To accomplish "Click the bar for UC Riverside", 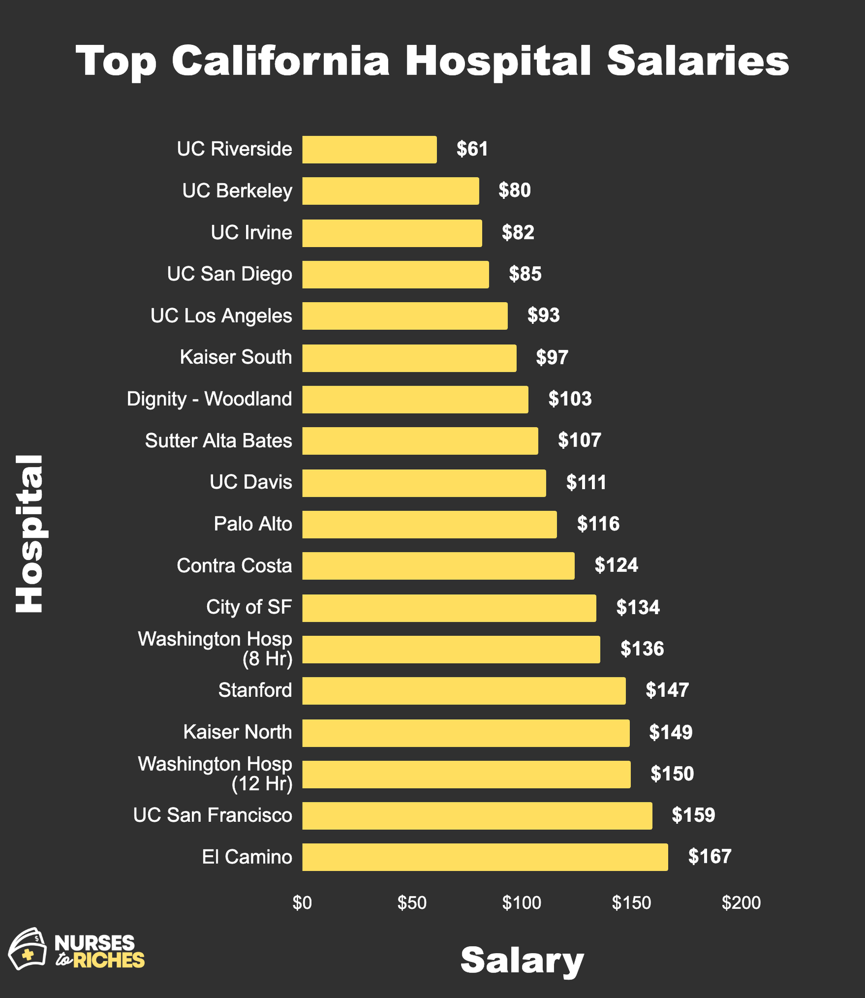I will (x=369, y=150).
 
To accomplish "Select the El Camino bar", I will (x=485, y=857).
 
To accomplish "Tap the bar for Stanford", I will (x=464, y=690).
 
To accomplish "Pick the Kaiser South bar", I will (x=409, y=358).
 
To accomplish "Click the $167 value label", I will (x=709, y=856).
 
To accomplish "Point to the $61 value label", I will (x=472, y=149).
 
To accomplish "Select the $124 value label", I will (x=616, y=565).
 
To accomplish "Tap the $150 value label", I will (x=672, y=774).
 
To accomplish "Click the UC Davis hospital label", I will (x=251, y=482).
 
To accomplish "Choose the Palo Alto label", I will (x=252, y=524).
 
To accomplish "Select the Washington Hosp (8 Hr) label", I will (x=215, y=649).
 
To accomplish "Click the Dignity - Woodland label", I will (x=209, y=399).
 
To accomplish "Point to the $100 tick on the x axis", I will (x=521, y=903).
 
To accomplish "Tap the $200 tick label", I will (x=741, y=903).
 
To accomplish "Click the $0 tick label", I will (x=302, y=903).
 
